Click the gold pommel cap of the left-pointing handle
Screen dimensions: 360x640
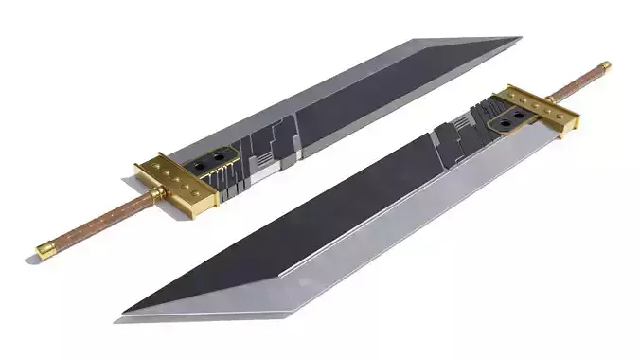(44, 250)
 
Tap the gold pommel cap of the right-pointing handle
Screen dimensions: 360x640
(604, 67)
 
